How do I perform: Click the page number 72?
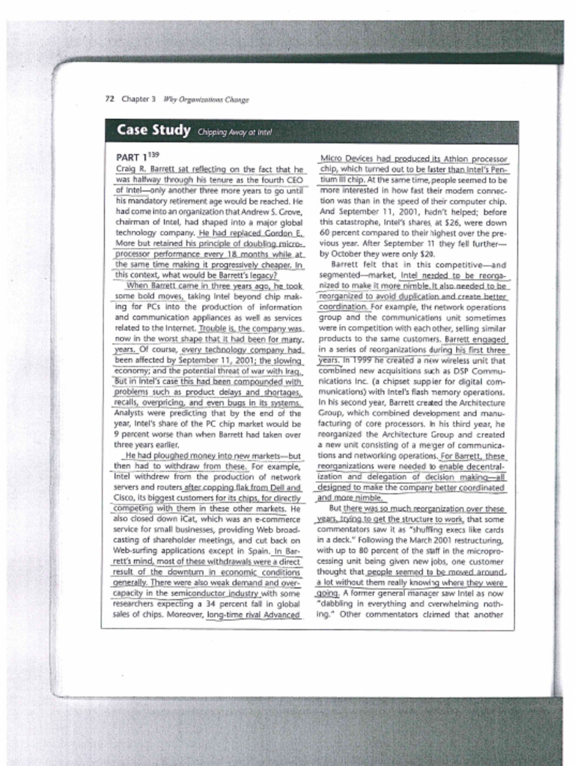pyautogui.click(x=109, y=99)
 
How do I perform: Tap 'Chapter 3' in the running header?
pyautogui.click(x=138, y=99)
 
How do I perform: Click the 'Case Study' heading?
pyautogui.click(x=153, y=131)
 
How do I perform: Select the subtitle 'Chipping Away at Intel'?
pyautogui.click(x=235, y=132)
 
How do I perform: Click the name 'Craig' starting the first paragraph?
pyautogui.click(x=126, y=170)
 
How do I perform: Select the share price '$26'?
pyautogui.click(x=436, y=222)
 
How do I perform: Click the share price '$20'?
pyautogui.click(x=428, y=254)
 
